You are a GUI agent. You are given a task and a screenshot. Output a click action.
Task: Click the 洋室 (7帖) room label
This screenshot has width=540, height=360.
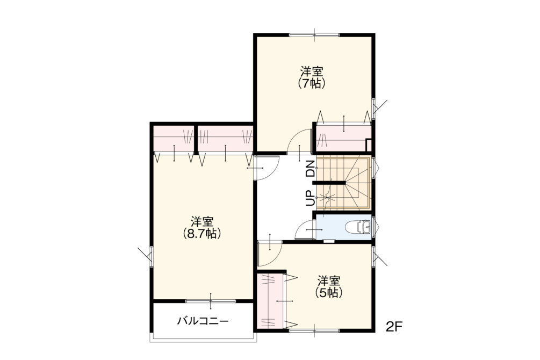[x=312, y=77]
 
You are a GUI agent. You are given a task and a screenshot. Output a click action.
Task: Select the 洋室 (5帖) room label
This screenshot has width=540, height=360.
[x=329, y=286]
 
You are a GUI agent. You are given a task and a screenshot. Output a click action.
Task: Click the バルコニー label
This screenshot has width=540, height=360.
[x=203, y=321]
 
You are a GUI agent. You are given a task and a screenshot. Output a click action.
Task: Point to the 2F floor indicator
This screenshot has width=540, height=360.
[x=394, y=326]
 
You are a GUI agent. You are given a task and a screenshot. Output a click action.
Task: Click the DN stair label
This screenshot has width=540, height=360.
[x=311, y=169]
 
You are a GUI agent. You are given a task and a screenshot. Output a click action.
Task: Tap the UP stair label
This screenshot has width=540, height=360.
[x=311, y=198]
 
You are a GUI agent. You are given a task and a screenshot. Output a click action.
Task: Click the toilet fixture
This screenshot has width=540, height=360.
[x=358, y=227]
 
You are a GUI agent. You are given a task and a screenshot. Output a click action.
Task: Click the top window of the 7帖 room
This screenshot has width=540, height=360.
[x=314, y=34]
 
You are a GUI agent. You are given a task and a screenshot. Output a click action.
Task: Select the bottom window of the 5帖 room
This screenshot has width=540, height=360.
[x=314, y=331]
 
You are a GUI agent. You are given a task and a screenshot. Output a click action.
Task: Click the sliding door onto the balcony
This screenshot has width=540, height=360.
[x=211, y=301]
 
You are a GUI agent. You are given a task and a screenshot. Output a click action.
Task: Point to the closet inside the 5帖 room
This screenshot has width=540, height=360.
[x=272, y=301]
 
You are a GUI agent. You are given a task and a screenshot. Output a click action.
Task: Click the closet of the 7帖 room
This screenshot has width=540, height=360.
[x=344, y=138]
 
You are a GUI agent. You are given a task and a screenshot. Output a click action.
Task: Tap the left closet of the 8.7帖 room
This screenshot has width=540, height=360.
[x=174, y=140]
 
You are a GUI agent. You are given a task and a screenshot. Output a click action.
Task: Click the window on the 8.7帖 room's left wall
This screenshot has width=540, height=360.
[x=150, y=256]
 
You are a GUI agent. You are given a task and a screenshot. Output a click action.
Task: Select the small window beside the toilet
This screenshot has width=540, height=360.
[x=374, y=226]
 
